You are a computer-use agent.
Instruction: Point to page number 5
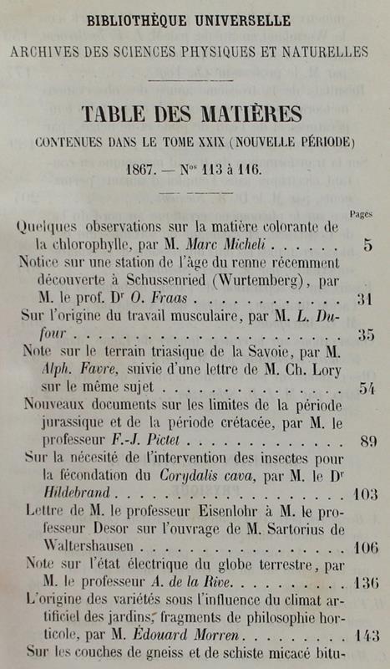(x=367, y=246)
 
